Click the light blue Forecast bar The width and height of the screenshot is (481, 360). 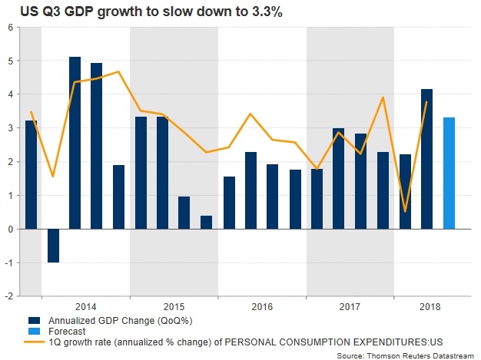coord(449,173)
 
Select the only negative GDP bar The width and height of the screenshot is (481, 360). coord(53,246)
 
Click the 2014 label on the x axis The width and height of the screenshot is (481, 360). coord(86,304)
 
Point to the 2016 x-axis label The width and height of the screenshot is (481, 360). coord(262,304)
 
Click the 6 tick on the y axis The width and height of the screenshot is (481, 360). coord(10,28)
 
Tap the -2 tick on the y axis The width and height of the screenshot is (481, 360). coord(8,296)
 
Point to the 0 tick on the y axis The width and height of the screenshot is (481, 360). coord(10,230)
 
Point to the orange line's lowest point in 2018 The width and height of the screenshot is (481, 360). coord(405,210)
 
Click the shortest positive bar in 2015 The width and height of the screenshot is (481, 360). coord(207,222)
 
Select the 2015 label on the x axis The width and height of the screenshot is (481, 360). coord(174,304)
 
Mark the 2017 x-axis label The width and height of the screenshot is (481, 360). coord(350,304)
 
